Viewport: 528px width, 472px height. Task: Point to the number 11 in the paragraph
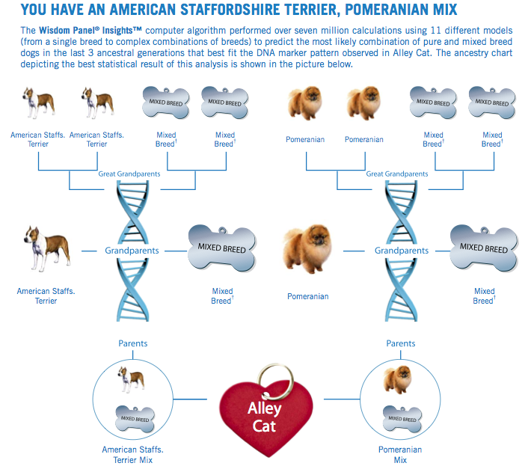tap(436, 31)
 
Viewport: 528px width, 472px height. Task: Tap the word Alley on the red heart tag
tap(264, 408)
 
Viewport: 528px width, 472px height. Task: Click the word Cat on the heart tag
tap(264, 426)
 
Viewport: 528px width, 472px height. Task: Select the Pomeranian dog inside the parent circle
tap(398, 379)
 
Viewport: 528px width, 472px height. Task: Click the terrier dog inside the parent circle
tap(131, 379)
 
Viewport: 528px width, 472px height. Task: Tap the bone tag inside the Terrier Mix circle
tap(135, 419)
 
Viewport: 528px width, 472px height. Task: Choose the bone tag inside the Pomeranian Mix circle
tap(402, 419)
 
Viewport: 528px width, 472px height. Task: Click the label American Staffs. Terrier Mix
tap(132, 455)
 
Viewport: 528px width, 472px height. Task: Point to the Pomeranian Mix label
tap(400, 455)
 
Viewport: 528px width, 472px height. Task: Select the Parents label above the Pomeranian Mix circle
tap(401, 343)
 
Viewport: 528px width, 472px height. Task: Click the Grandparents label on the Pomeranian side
tap(402, 251)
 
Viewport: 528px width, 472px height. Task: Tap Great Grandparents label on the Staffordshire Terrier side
tap(129, 174)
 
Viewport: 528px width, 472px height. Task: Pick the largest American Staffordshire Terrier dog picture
tap(47, 248)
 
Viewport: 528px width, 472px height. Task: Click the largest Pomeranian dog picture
tap(307, 248)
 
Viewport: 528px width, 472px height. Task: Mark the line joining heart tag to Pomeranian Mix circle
tap(342, 399)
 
